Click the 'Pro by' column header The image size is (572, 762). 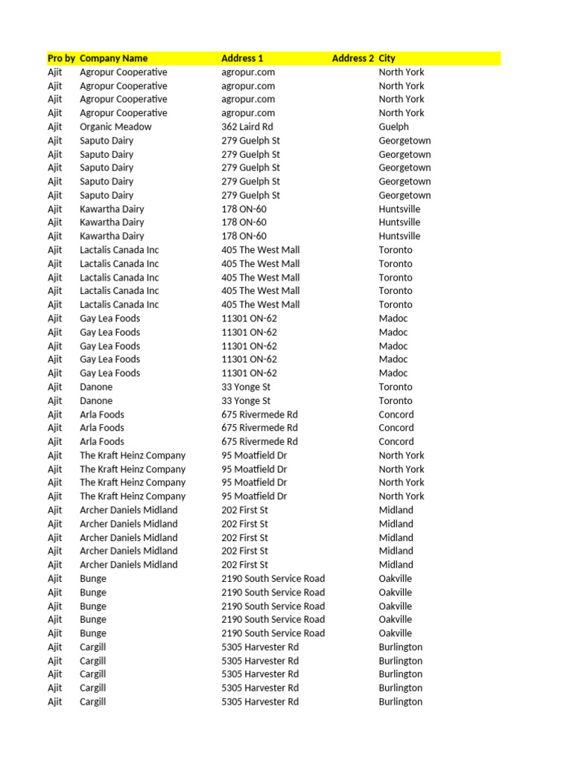coord(61,58)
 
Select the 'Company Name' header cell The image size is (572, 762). coord(113,58)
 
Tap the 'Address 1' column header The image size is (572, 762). coord(242,58)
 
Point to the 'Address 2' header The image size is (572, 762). coord(353,58)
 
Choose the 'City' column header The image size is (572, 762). coord(387,58)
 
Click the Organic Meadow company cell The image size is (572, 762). coord(115,127)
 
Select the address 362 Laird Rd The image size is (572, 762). coord(247,127)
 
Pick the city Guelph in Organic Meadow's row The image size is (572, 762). coord(393,127)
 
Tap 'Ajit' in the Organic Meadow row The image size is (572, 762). coord(55,127)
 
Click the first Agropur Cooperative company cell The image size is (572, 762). coord(124,72)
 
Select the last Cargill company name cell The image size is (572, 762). coord(93,702)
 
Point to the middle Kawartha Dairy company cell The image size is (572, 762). coord(112,222)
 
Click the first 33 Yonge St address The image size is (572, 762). coord(246,387)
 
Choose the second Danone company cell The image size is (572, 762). coord(96,400)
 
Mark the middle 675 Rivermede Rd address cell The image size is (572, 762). coord(259,428)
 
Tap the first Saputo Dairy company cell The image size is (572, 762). coord(107,141)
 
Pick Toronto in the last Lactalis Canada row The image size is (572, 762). coord(395,304)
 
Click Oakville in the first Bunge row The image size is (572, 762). coord(395,578)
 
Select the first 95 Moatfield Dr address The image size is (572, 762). coord(254,455)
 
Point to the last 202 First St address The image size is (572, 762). coord(244,565)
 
